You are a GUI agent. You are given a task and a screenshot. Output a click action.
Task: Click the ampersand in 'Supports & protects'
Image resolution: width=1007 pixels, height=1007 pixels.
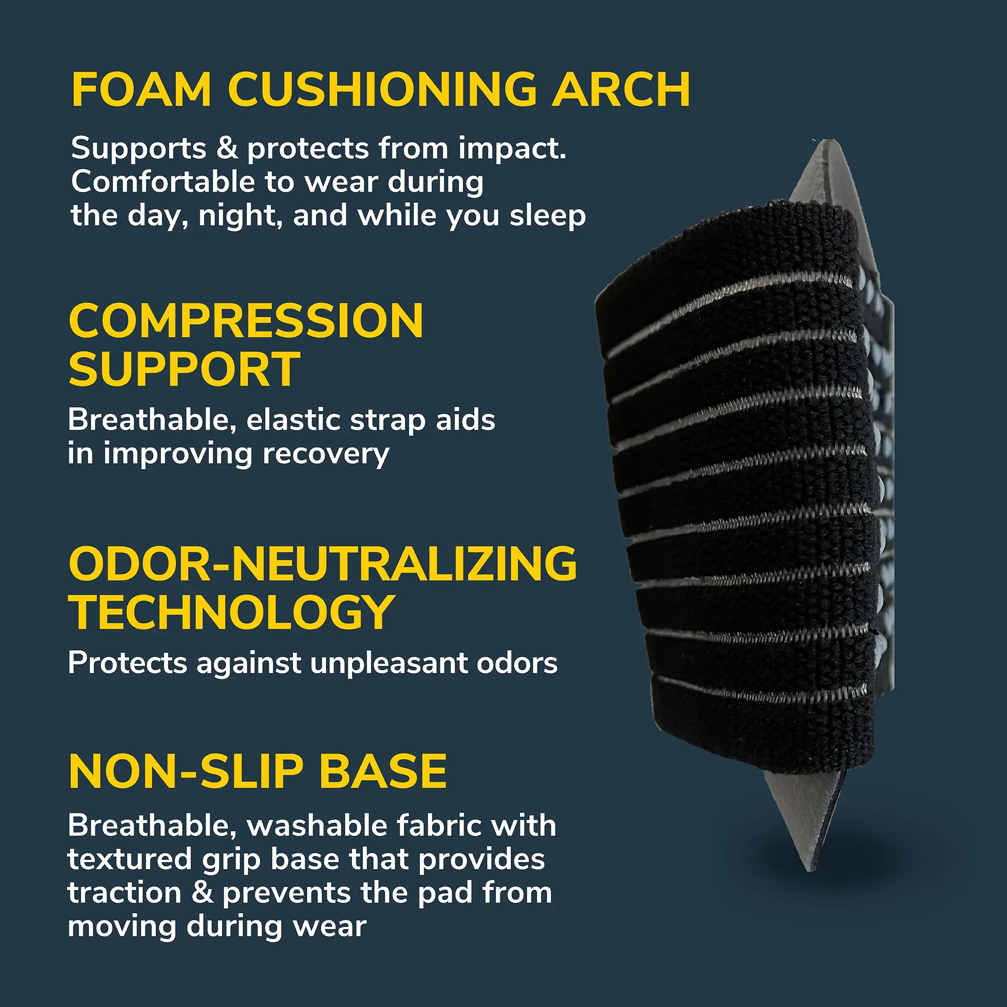pyautogui.click(x=227, y=148)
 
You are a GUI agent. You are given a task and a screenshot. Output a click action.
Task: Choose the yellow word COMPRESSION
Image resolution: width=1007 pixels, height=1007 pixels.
pyautogui.click(x=246, y=322)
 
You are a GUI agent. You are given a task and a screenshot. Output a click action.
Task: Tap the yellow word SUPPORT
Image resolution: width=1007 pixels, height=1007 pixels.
pyautogui.click(x=184, y=370)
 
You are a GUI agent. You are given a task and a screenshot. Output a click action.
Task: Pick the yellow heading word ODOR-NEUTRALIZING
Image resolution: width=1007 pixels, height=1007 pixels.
pyautogui.click(x=323, y=564)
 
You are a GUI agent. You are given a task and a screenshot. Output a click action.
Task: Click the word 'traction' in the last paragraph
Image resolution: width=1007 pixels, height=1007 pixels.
pyautogui.click(x=124, y=893)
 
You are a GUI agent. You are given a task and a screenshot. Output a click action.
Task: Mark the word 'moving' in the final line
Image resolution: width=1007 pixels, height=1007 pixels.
pyautogui.click(x=122, y=927)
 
